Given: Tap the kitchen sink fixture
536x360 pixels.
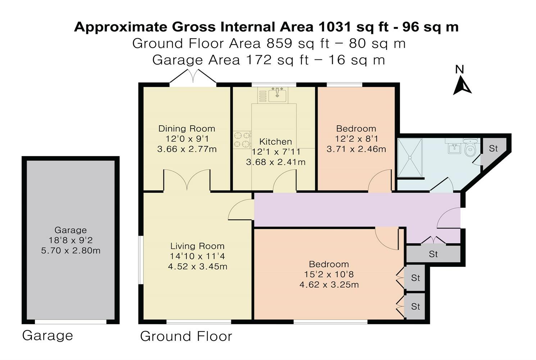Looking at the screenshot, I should coord(277,94).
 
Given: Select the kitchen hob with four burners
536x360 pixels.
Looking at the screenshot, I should coord(242,140).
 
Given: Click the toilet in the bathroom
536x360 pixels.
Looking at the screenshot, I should coord(470,148).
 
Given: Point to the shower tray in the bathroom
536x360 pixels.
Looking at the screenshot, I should coord(409,158).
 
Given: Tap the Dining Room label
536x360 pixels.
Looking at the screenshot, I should coord(187,129).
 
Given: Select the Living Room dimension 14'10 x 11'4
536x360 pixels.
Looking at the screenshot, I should coord(197,256).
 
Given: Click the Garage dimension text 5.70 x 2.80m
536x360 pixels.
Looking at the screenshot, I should coord(71,251).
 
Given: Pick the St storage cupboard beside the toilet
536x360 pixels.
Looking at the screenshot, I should coord(493,148).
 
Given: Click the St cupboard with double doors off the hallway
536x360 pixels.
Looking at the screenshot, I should coord(433,254).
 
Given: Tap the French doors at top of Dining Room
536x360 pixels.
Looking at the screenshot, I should coord(193,77).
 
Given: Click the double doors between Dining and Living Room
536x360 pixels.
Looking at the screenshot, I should coord(187,180).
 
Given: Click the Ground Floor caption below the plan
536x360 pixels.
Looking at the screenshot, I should coord(186,336).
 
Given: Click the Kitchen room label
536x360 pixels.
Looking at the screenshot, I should coord(276,141).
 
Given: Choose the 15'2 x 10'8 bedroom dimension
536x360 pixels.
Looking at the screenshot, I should coord(329,274).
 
